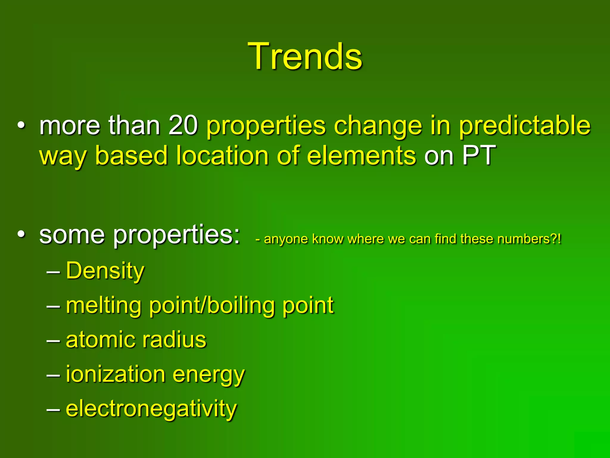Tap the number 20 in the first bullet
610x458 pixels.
click(x=183, y=126)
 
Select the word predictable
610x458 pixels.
click(x=524, y=126)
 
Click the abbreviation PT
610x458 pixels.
click(x=479, y=155)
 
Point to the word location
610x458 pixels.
click(x=222, y=155)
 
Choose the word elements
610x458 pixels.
click(x=361, y=155)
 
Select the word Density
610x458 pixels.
click(x=105, y=271)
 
